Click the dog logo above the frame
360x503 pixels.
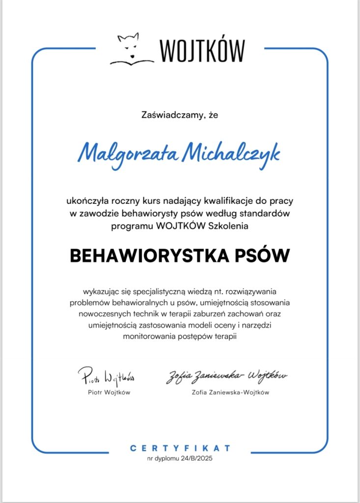(131, 49)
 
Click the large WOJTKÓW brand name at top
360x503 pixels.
(202, 50)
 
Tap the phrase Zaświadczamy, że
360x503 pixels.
(179, 116)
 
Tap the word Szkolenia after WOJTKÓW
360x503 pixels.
(229, 226)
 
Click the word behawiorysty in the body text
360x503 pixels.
(163, 214)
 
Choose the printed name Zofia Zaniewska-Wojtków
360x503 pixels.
(231, 392)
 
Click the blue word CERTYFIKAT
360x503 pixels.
(180, 448)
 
